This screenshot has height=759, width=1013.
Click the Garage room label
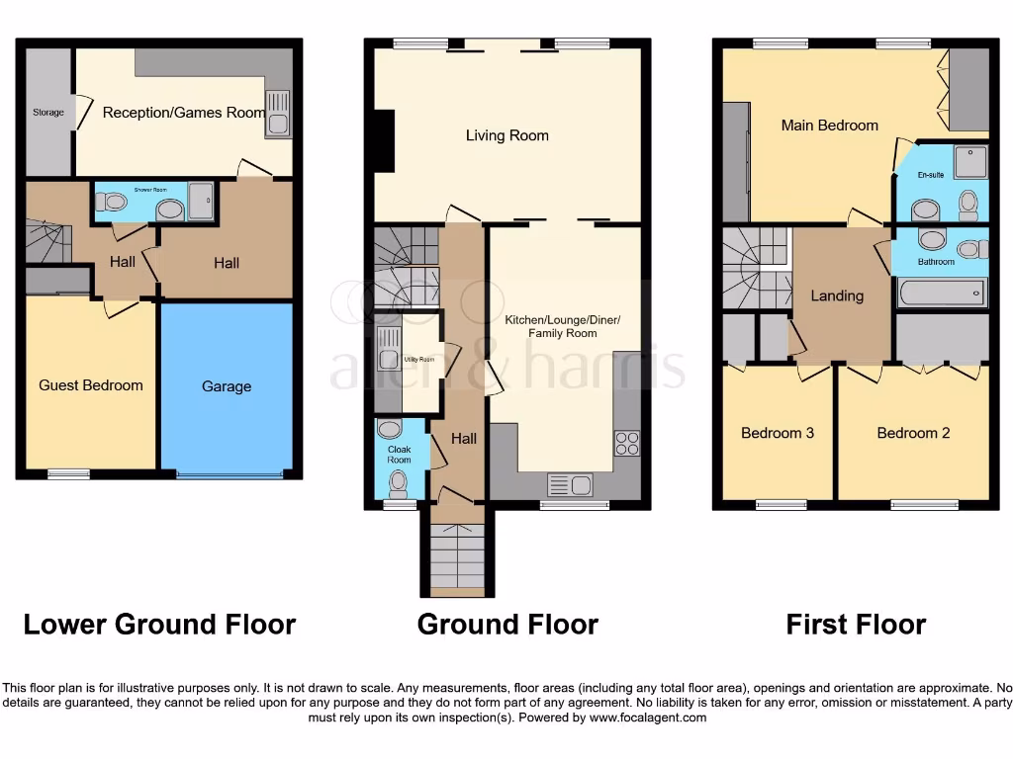[x=227, y=386]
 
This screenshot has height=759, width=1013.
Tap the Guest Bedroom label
[x=91, y=385]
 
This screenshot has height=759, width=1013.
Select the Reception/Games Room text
[x=184, y=113]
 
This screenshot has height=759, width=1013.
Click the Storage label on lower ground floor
[x=47, y=113]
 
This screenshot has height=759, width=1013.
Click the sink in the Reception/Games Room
[x=277, y=114]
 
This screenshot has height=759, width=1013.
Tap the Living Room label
[x=506, y=135]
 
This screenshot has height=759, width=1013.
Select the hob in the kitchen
[x=627, y=444]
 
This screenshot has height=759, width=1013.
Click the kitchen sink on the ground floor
[x=570, y=484]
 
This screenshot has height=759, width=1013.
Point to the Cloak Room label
[x=399, y=454]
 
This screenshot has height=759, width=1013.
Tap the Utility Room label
[x=419, y=360]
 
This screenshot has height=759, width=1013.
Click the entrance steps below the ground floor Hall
[x=456, y=558]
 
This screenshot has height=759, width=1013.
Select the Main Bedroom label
[x=829, y=126]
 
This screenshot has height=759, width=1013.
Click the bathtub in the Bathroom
[x=941, y=293]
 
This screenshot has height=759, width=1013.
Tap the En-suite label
[x=930, y=175]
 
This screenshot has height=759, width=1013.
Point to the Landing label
[x=837, y=295]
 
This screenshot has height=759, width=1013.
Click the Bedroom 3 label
[x=778, y=433]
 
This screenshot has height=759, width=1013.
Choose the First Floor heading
[x=856, y=625]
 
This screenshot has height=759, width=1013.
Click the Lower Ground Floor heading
[x=159, y=625]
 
